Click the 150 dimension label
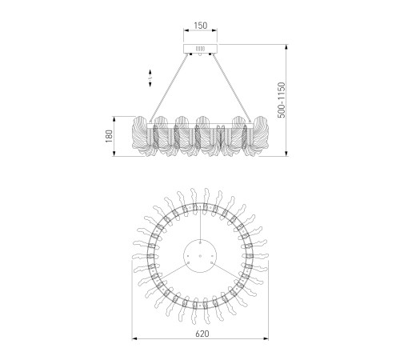tap(200, 26)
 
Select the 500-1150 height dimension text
tap(282, 100)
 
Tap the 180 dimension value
tap(110, 136)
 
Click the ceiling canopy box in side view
tap(200, 49)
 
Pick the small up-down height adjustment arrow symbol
tap(150, 78)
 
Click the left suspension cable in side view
tap(170, 89)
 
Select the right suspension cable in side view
tap(230, 89)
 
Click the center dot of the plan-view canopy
tap(200, 255)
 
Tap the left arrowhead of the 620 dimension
tap(134, 338)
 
